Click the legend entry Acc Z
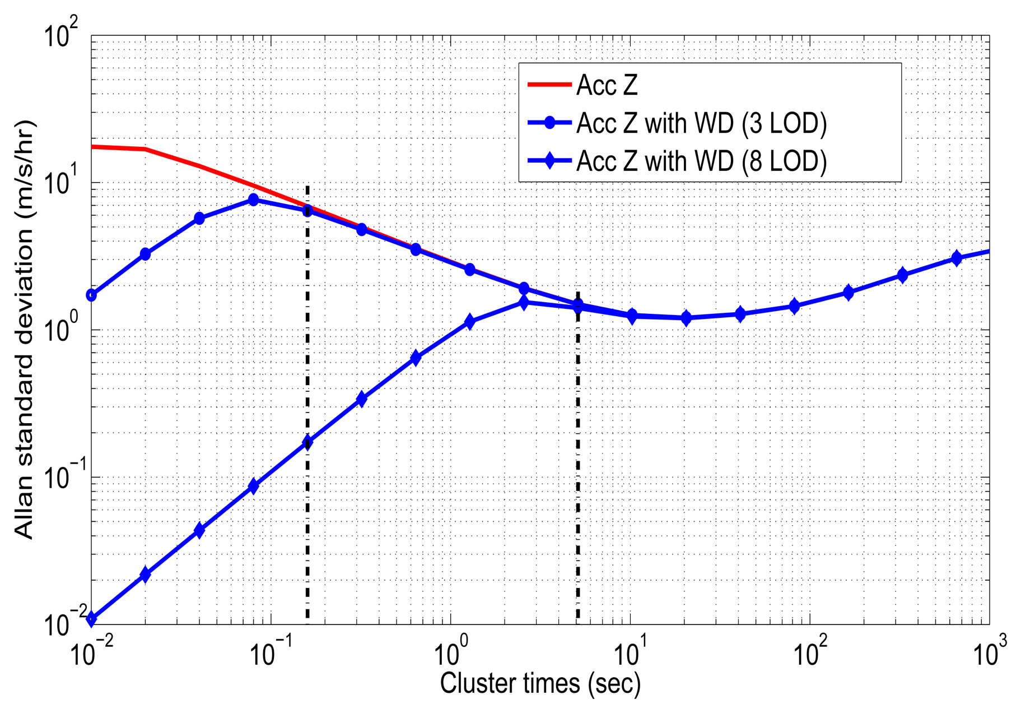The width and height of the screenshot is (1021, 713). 607,86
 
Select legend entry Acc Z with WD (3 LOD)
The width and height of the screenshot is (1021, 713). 701,123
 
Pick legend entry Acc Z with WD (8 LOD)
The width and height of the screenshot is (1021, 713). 701,161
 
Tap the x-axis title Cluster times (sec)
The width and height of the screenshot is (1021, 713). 540,683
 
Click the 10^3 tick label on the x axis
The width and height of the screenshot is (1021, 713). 989,652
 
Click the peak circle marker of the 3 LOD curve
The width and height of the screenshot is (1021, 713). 253,200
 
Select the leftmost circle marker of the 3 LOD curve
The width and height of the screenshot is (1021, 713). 91,295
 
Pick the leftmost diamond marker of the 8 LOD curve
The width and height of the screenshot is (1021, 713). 91,619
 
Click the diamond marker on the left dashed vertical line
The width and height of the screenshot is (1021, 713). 307,443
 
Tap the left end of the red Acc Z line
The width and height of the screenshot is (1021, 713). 92,147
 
